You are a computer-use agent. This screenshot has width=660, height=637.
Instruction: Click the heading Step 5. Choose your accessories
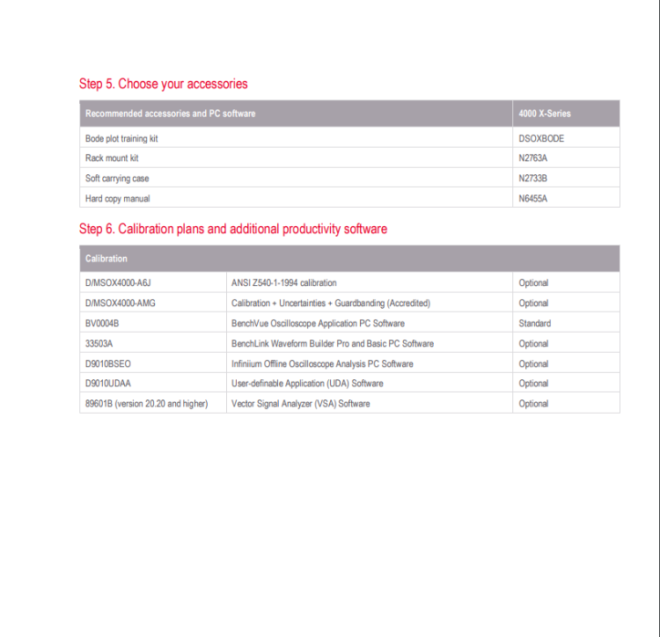(163, 84)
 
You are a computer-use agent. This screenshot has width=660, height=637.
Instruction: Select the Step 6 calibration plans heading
(232, 229)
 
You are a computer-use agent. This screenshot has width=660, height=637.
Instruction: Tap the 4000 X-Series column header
(544, 113)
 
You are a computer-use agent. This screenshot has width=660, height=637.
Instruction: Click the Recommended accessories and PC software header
(170, 113)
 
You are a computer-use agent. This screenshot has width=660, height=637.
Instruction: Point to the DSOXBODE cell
(541, 138)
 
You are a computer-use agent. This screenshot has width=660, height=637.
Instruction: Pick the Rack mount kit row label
(112, 158)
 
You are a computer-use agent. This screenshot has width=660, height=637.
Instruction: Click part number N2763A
(533, 158)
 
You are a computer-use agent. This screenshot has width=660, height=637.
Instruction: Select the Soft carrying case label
(117, 179)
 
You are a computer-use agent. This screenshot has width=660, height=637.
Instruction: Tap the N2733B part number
(533, 179)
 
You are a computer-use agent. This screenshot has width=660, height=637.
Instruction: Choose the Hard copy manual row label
(118, 199)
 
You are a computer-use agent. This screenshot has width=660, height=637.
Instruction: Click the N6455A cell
(533, 199)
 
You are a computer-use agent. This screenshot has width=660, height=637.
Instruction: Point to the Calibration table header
(106, 259)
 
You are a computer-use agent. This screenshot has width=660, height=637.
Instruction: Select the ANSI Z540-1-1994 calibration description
(283, 283)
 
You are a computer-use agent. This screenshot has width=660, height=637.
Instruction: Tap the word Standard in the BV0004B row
(535, 323)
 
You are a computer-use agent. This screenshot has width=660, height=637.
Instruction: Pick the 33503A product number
(99, 343)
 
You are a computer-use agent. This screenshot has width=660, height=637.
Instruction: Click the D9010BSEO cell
(108, 363)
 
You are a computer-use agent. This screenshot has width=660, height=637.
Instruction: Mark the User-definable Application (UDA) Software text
(307, 384)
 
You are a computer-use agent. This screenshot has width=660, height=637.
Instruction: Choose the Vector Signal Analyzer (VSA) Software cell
(300, 404)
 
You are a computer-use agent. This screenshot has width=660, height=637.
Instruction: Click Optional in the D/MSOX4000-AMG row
(533, 303)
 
